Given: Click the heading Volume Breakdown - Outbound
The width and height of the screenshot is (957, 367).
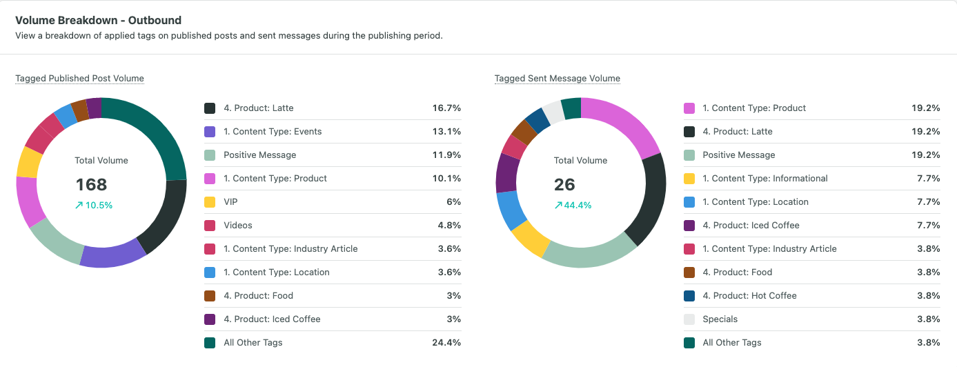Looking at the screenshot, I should click(98, 21).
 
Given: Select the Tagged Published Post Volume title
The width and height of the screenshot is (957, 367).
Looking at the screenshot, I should click(79, 79).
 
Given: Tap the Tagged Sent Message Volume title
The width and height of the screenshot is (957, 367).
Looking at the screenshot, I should click(558, 79).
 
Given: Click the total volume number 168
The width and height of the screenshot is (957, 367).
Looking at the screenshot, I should click(92, 185).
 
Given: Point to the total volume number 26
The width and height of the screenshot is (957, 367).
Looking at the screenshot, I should click(564, 185).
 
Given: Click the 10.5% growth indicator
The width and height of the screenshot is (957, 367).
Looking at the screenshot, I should click(95, 206).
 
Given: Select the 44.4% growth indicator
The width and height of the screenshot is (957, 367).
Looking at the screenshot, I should click(573, 206).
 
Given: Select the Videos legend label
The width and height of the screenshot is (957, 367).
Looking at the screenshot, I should click(238, 226).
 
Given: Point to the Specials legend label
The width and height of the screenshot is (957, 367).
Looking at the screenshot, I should click(720, 319).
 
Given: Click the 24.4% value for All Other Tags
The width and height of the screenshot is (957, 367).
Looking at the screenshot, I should click(447, 343).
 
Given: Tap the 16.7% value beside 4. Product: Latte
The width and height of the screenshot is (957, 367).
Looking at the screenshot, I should click(447, 108).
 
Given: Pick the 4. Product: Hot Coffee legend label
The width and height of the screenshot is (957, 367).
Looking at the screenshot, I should click(749, 296).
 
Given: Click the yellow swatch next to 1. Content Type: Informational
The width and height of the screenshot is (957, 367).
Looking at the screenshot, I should click(689, 179).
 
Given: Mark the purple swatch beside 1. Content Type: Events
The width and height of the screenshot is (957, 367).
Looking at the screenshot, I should click(210, 132).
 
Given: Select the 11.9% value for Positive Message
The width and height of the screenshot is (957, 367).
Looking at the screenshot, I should click(447, 155).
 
